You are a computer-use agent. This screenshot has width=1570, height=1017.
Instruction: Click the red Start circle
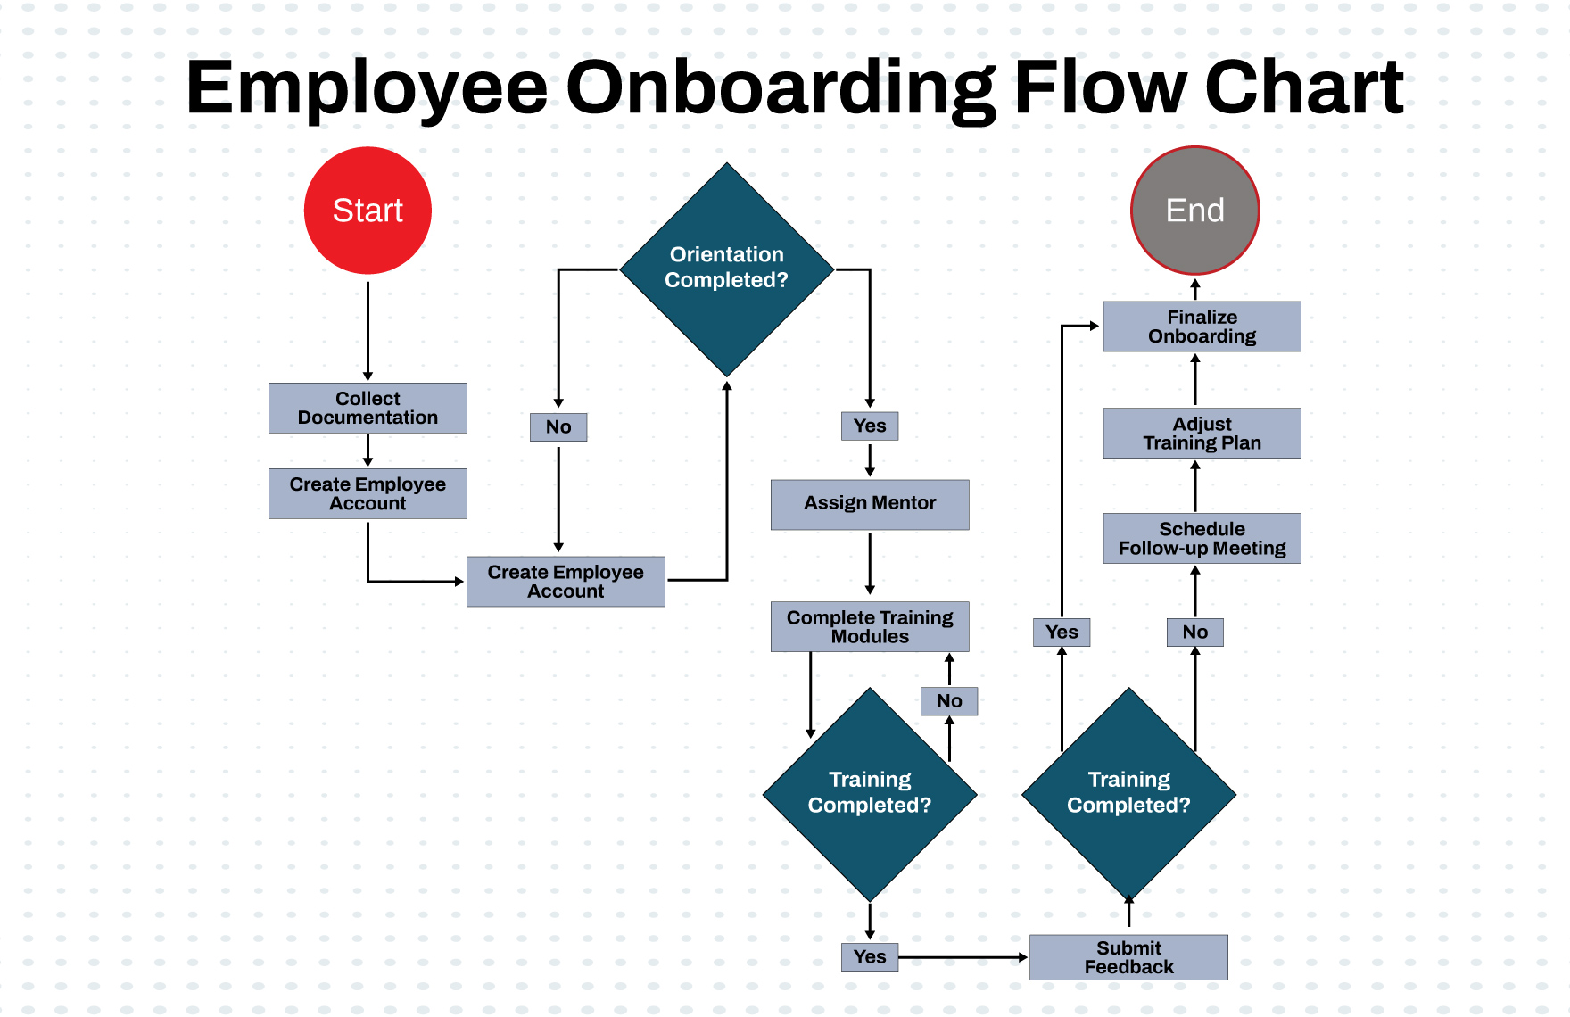368,211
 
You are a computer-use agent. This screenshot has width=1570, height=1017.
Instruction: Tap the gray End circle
1194,211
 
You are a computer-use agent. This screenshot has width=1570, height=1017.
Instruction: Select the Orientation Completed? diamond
727,269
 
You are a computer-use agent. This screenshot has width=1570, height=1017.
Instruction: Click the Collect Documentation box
368,409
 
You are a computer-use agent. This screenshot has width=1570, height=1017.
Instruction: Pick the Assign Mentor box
870,504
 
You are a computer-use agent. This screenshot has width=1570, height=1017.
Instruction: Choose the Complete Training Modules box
870,626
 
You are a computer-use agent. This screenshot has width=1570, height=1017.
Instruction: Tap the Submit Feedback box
1128,957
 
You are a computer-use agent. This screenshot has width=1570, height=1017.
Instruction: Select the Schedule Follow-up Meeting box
1202,538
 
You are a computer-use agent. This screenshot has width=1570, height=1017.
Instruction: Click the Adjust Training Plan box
1202,434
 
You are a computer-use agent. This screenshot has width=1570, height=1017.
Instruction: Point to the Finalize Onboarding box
1202,327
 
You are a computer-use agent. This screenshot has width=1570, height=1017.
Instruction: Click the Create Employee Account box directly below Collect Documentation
368,493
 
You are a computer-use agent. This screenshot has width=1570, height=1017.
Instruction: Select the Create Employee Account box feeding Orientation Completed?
566,582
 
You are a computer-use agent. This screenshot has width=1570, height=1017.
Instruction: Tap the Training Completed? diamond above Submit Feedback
1128,793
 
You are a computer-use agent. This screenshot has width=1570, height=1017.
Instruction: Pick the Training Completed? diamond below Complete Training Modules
870,793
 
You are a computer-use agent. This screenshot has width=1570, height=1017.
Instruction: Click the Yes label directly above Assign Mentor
870,426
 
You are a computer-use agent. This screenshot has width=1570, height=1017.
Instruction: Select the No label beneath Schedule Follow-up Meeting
1194,633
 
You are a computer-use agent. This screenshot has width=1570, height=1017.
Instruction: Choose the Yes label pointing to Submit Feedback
870,957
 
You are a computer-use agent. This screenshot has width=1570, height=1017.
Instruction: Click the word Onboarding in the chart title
781,88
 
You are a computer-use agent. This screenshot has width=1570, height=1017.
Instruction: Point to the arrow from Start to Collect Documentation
368,330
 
